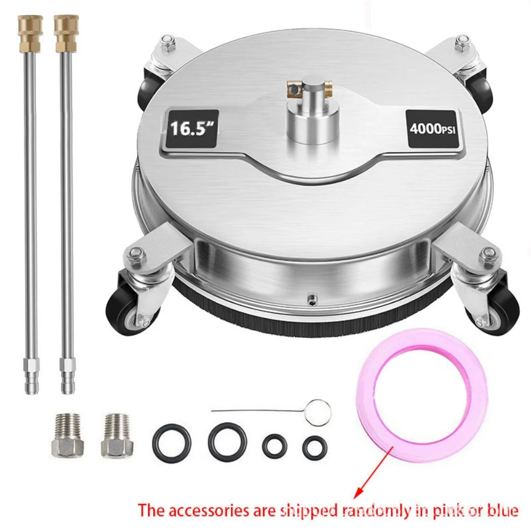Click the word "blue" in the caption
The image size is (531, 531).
[501, 510]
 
